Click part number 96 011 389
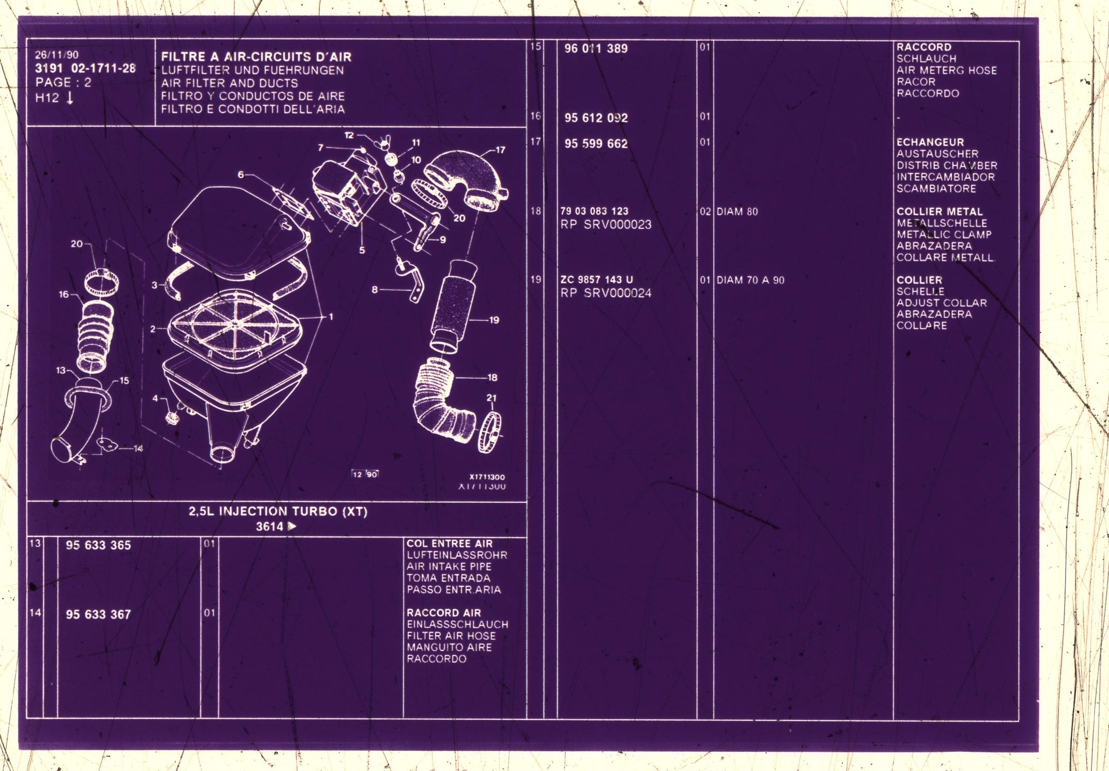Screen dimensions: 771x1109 pos(595,49)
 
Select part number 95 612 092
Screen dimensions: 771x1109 pos(595,118)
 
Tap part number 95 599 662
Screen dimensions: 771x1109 pos(595,144)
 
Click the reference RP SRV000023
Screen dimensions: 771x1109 pos(606,225)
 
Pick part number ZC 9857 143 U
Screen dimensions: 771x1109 pos(596,280)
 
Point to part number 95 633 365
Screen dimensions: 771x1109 pos(98,545)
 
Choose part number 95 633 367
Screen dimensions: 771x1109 pos(98,614)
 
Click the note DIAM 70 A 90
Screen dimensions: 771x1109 pos(750,280)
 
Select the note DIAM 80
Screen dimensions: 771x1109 pos(737,211)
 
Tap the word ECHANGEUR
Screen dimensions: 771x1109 pos(930,142)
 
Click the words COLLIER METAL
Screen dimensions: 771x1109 pos(939,211)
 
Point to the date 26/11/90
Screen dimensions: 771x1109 pos(57,55)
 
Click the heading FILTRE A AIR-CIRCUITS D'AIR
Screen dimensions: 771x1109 pos(256,57)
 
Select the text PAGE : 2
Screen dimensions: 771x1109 pos(63,82)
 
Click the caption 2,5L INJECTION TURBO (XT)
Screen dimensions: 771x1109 pos(278,512)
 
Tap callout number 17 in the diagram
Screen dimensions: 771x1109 pos(500,150)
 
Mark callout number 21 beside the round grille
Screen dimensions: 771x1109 pos(491,398)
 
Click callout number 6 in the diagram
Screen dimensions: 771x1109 pos(241,175)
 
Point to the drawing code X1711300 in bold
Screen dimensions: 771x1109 pos(487,477)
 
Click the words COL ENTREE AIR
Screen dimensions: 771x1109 pos(449,544)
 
